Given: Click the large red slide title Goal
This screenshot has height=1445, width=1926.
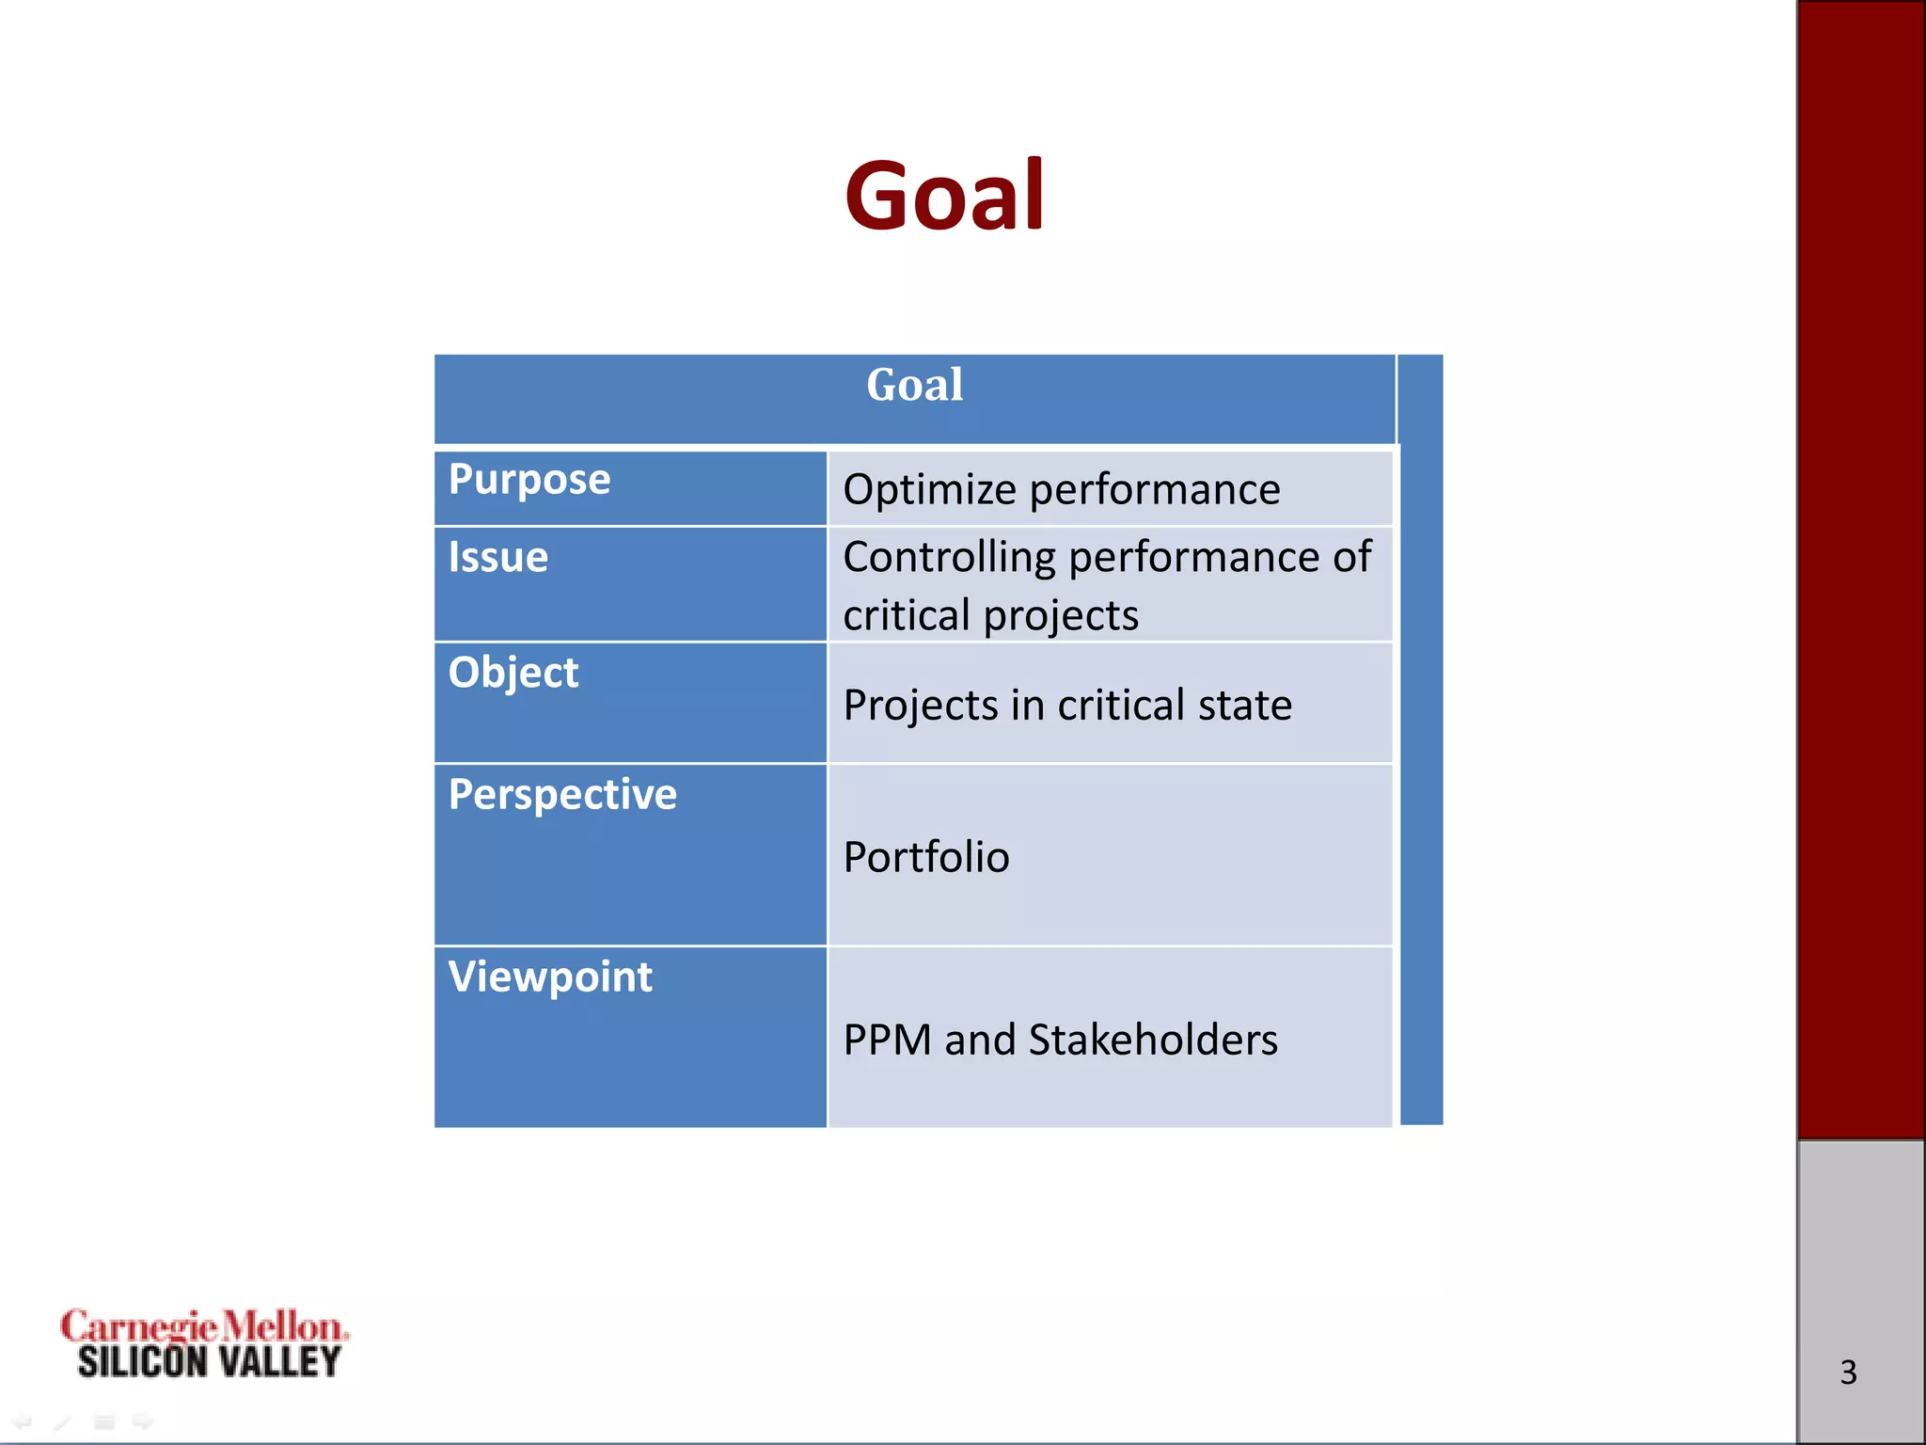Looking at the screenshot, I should [x=944, y=196].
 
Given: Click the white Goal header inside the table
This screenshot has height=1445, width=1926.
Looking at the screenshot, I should [x=914, y=385].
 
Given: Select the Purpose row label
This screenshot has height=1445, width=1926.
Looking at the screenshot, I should [x=529, y=480].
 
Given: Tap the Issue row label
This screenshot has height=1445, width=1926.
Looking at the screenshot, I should [x=497, y=557].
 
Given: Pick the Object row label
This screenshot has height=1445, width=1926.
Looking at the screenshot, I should [x=513, y=673].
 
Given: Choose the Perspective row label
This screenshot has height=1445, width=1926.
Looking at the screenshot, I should [x=562, y=795].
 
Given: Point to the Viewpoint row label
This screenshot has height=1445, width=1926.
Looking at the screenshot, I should [x=550, y=977].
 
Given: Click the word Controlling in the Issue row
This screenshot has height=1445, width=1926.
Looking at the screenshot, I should [x=949, y=557].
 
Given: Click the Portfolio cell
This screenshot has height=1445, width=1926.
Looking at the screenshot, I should [x=926, y=857].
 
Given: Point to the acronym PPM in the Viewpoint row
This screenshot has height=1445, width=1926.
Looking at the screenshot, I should [x=887, y=1040].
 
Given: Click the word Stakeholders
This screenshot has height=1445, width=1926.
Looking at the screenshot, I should [x=1153, y=1040].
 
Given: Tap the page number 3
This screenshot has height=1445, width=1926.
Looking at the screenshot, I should [x=1848, y=1373].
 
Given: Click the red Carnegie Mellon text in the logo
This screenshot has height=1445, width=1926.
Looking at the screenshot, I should [x=204, y=1326].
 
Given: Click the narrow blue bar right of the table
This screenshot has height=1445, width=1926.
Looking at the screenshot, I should [x=1421, y=739].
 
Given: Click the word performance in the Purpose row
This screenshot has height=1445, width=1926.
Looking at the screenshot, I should [x=1155, y=490].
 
